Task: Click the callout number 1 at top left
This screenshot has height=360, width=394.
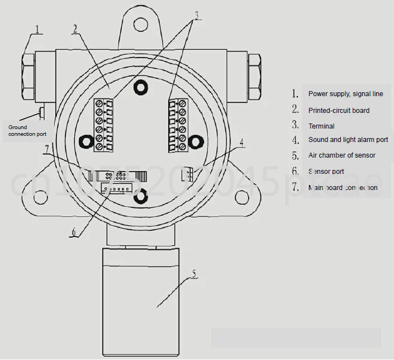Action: [x=37, y=29]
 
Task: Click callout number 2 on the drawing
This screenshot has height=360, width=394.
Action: [x=75, y=29]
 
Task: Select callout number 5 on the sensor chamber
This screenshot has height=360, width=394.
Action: [x=194, y=274]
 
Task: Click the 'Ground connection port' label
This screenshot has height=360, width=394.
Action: [x=27, y=131]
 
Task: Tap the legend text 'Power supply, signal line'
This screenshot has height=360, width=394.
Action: [x=345, y=94]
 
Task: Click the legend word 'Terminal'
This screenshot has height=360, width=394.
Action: [x=321, y=126]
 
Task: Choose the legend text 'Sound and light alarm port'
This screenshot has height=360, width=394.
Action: [x=348, y=140]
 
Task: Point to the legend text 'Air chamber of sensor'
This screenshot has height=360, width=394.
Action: [x=341, y=155]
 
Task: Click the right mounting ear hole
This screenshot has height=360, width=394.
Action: [x=241, y=196]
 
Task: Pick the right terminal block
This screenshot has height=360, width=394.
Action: [x=178, y=125]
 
